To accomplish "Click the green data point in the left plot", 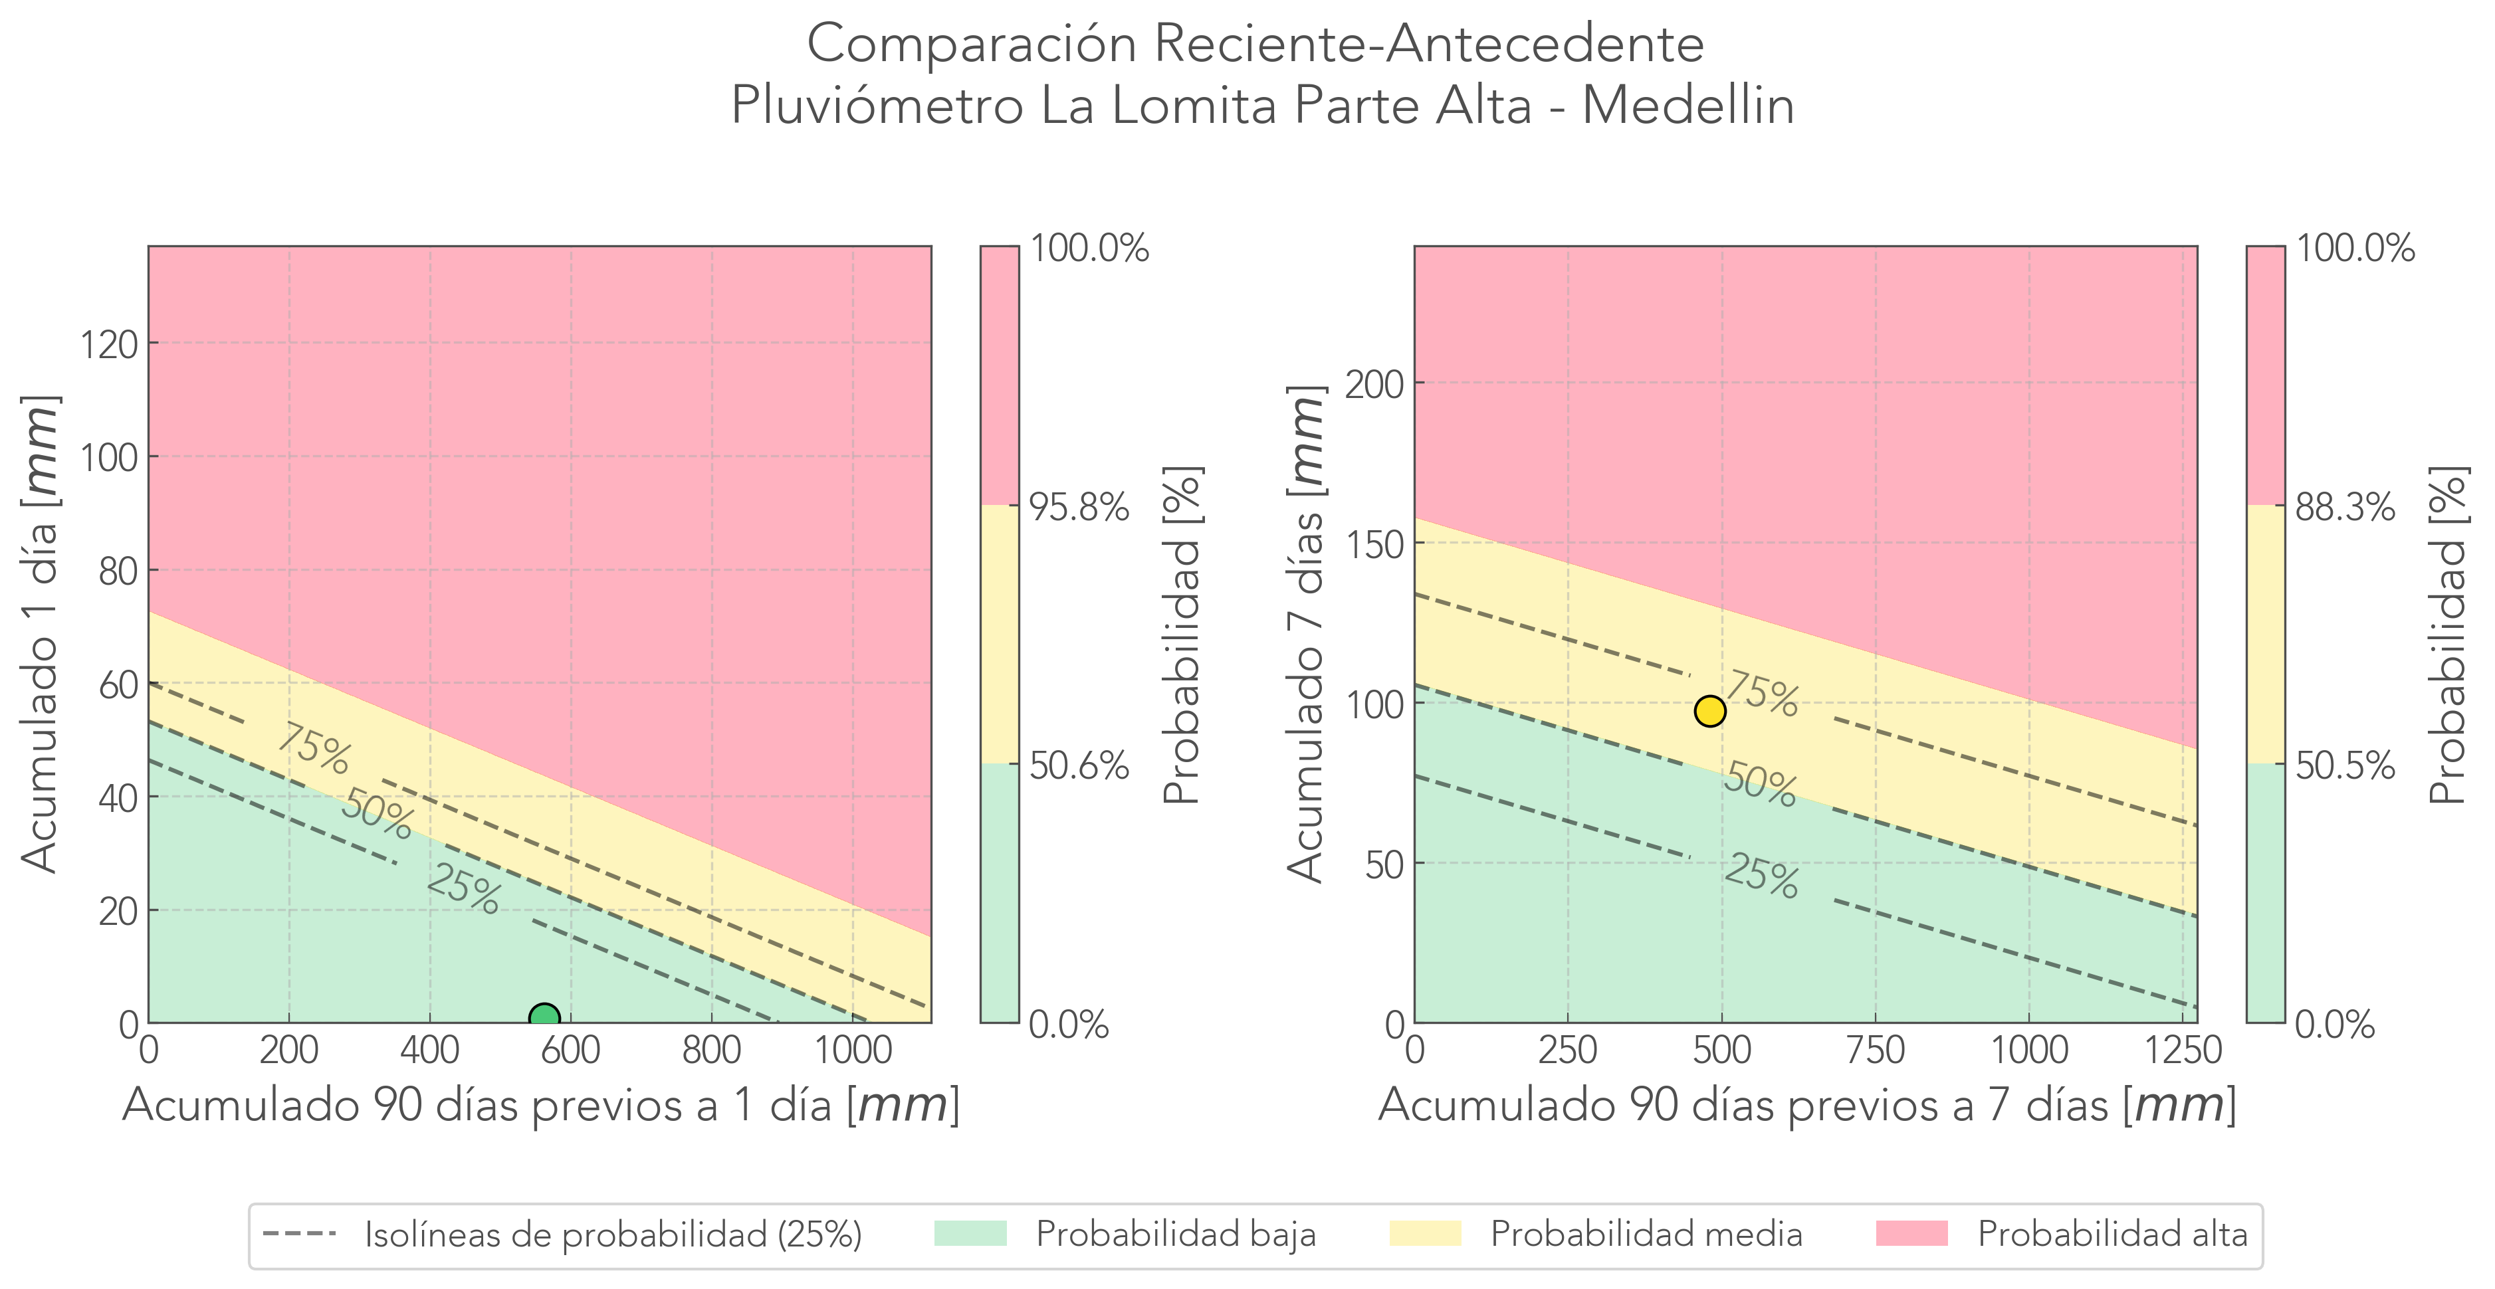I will tap(544, 1018).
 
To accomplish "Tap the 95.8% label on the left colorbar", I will tap(1079, 506).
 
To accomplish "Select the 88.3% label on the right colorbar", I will tap(2345, 506).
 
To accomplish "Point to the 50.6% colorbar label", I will tap(1079, 766).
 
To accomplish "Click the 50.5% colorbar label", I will tap(2345, 766).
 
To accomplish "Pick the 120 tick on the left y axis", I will tap(108, 344).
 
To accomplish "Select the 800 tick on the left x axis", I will tap(712, 1050).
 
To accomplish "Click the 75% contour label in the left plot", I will tap(313, 749).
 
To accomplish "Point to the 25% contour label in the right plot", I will tap(1761, 876).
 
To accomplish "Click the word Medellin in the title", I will tap(1688, 104).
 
